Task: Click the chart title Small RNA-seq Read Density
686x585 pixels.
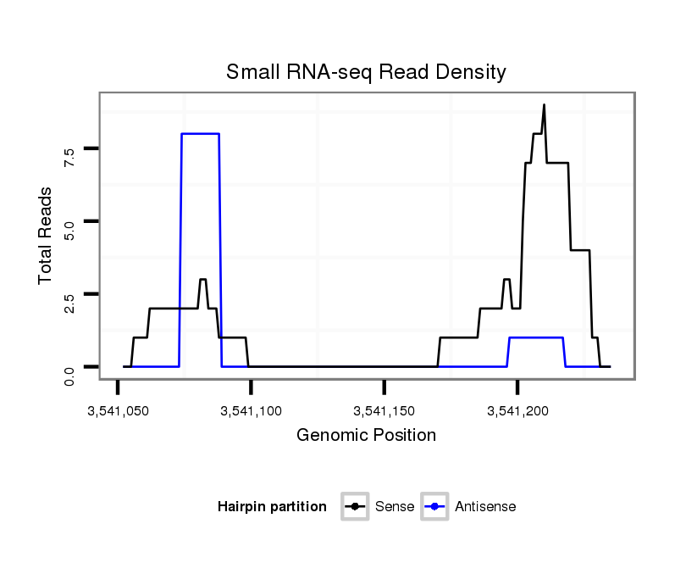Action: coord(366,72)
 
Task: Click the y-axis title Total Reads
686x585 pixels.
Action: coord(46,235)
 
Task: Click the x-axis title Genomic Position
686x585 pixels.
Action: coord(366,436)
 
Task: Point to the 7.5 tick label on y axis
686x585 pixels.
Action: coord(69,155)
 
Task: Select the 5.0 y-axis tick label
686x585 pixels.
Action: coord(69,228)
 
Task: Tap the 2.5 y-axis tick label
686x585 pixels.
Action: coord(69,301)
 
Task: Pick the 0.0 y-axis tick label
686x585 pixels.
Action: coord(69,374)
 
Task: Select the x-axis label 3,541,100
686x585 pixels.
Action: coord(251,411)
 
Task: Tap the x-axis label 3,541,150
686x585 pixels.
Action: coord(384,411)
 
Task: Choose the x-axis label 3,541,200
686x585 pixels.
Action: coord(518,411)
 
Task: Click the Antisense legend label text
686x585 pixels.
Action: coord(485,507)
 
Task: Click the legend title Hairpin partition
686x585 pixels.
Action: coord(272,507)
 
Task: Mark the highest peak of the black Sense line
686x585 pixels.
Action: coord(544,105)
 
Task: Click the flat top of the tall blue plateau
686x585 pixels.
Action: coord(201,134)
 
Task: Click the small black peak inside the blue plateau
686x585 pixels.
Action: coord(202,280)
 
